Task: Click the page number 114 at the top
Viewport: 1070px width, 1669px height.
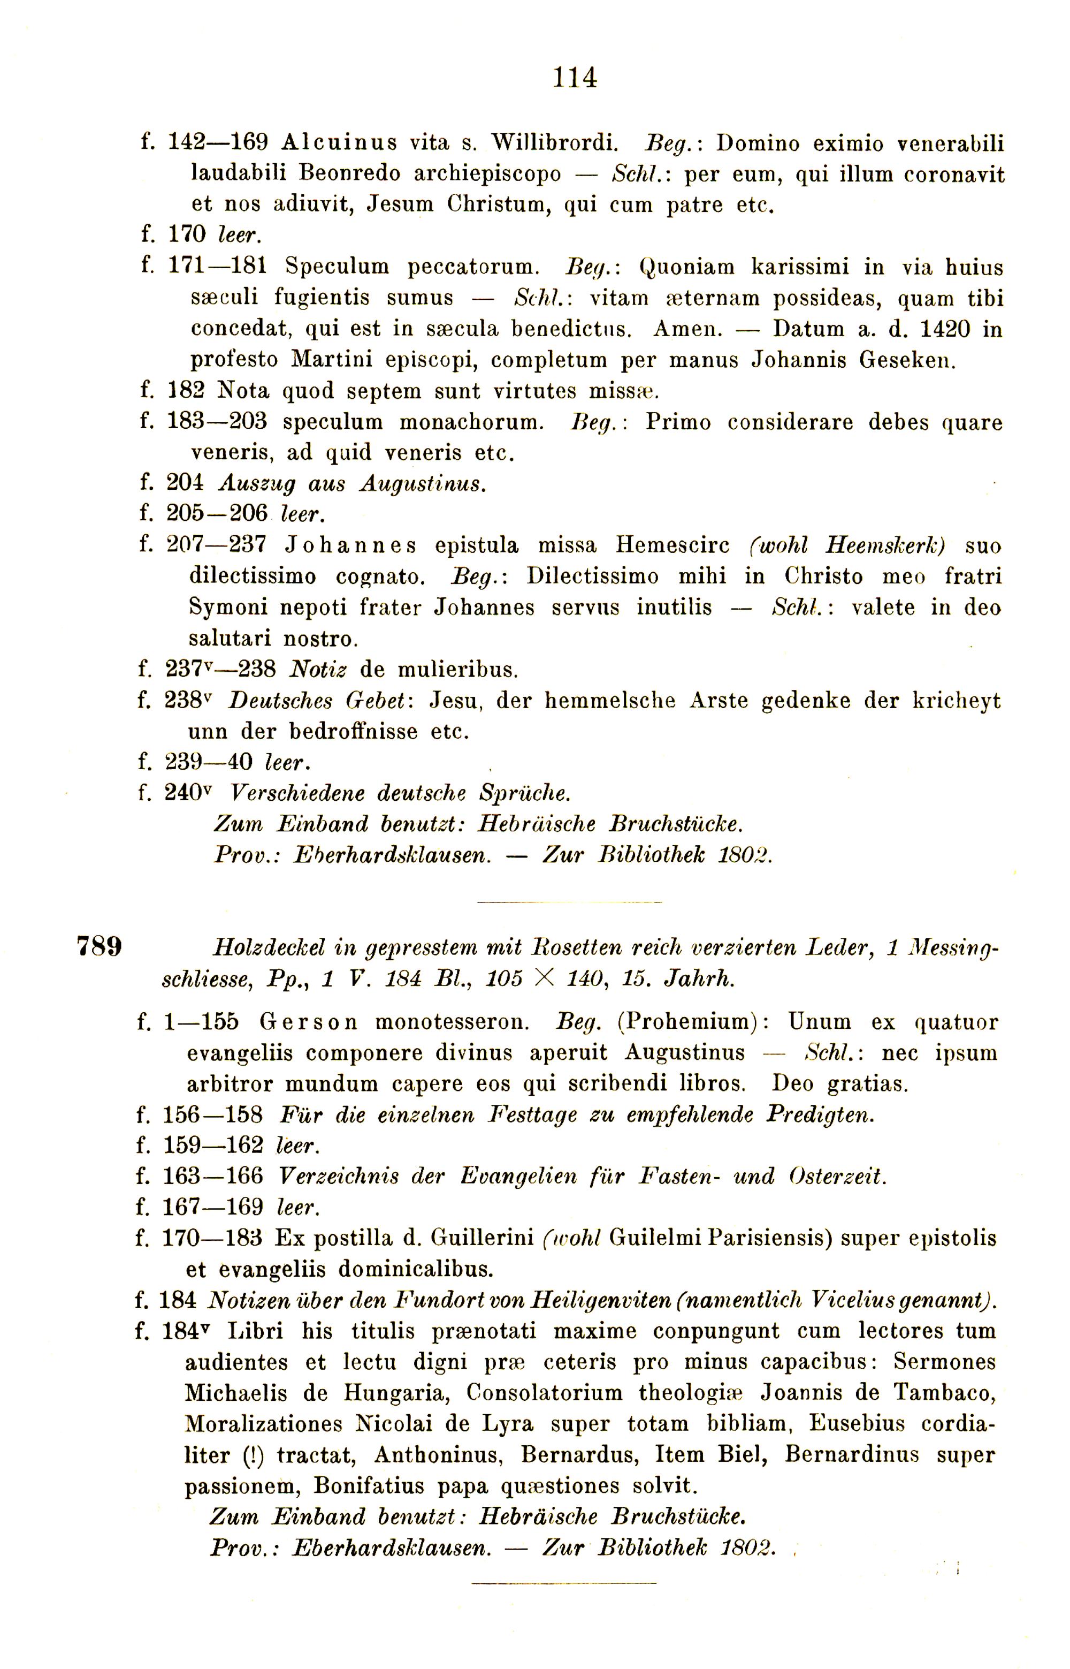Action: coord(575,77)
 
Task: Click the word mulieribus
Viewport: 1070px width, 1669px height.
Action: coord(458,670)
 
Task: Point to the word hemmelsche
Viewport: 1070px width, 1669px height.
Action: coord(609,700)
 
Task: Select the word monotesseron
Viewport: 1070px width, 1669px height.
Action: coord(452,1022)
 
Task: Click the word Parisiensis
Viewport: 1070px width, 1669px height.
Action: coord(770,1239)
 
